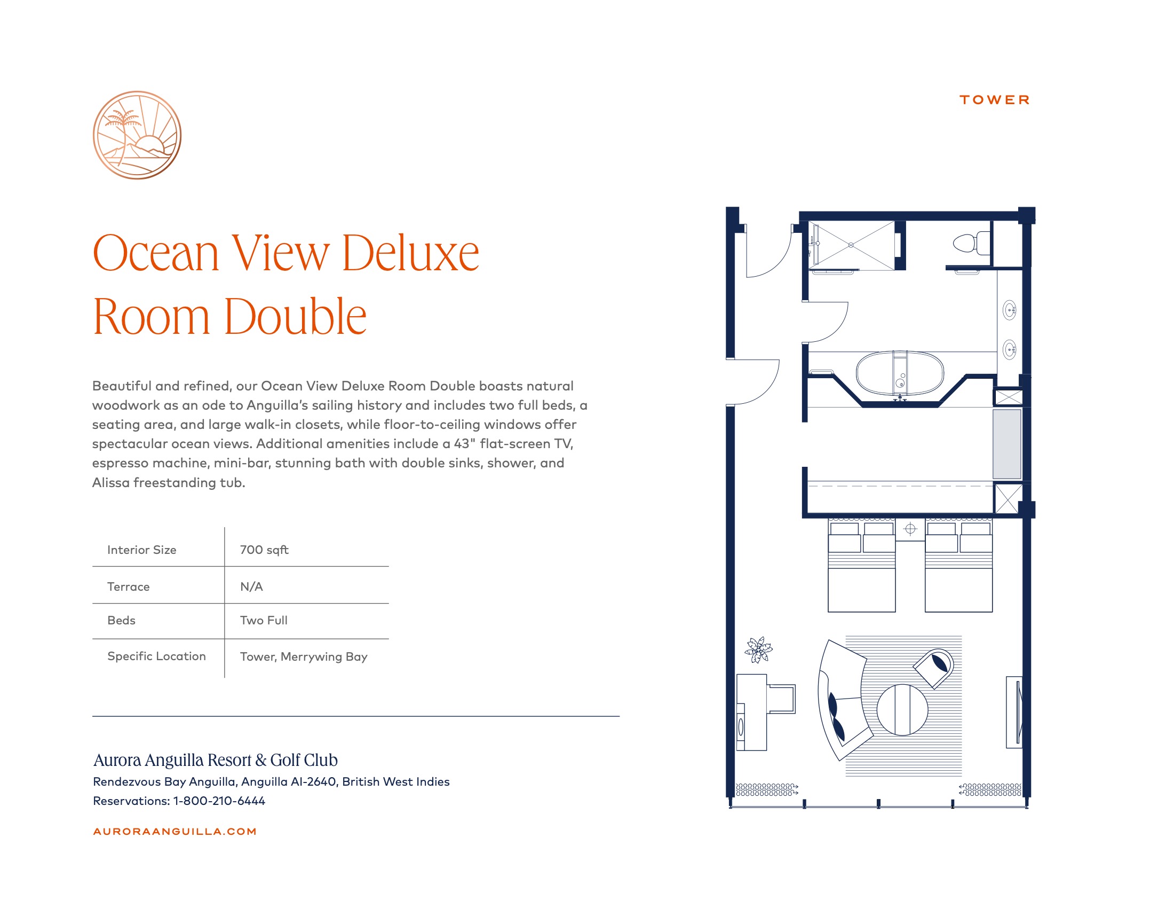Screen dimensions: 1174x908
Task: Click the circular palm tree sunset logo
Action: click(x=137, y=135)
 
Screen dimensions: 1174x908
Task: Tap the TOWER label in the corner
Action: click(x=995, y=100)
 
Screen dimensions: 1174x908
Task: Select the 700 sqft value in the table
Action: click(x=264, y=550)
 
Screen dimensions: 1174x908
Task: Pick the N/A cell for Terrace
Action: click(x=251, y=586)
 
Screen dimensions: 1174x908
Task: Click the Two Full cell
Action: click(x=264, y=620)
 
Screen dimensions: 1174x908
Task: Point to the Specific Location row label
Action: click(x=156, y=656)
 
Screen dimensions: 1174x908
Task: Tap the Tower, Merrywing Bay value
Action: click(x=304, y=657)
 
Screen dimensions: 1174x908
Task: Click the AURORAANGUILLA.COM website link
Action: click(x=174, y=832)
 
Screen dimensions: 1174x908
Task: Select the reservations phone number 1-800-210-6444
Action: click(x=219, y=801)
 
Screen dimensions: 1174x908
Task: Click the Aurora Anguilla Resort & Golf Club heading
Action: click(x=216, y=760)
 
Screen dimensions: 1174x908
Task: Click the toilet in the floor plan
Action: click(x=972, y=243)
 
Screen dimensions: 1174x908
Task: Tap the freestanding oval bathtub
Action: click(x=899, y=373)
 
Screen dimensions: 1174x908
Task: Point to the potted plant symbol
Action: click(x=758, y=650)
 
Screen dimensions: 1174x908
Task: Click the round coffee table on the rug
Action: click(x=902, y=710)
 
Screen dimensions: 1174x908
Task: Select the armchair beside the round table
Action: click(x=934, y=668)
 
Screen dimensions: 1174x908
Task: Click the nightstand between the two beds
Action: click(x=910, y=530)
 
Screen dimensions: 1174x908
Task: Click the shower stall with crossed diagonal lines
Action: click(x=851, y=245)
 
